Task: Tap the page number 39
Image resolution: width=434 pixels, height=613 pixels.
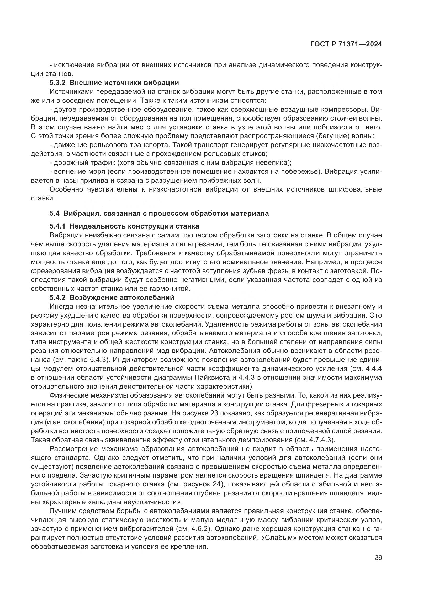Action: [378, 558]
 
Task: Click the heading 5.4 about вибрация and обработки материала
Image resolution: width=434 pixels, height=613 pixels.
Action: [159, 213]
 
